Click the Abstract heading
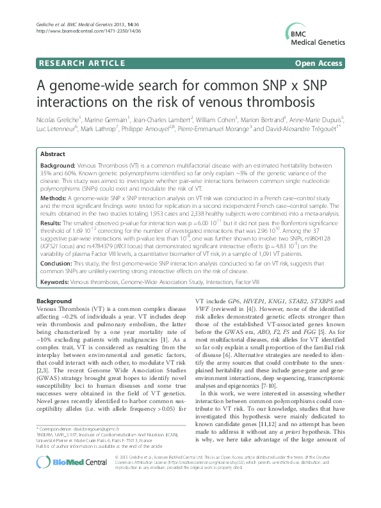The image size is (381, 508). pyautogui.click(x=53, y=155)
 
